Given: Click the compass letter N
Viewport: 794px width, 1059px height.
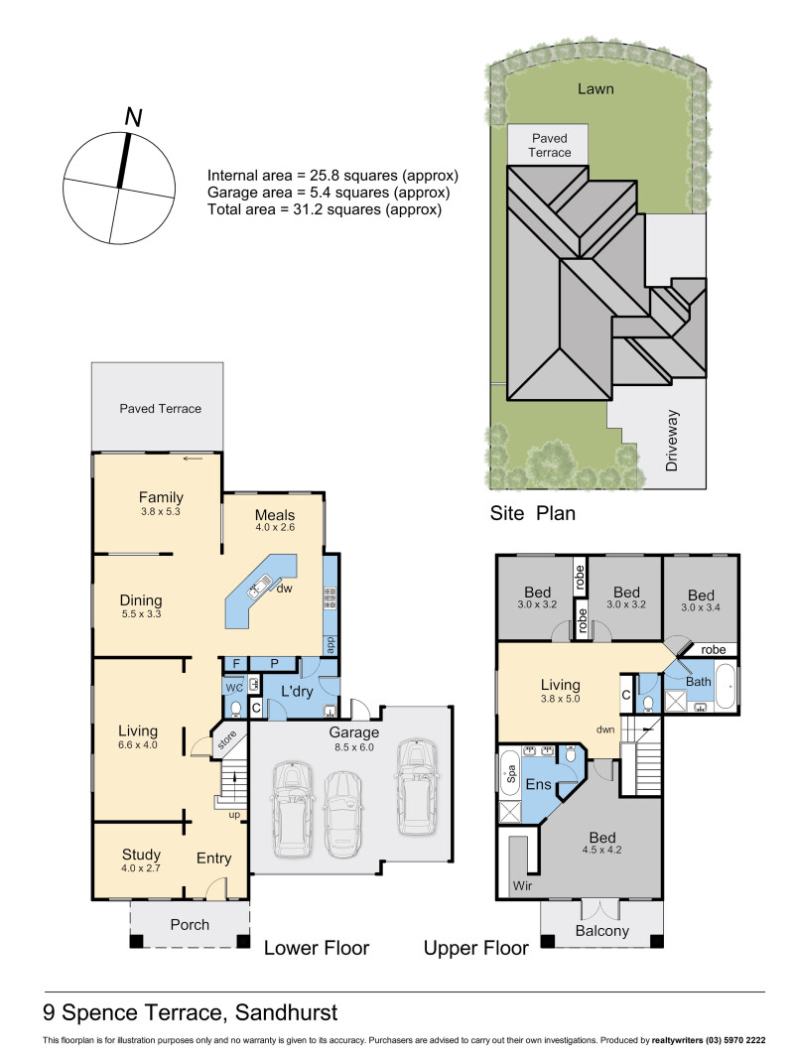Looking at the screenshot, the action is [x=134, y=117].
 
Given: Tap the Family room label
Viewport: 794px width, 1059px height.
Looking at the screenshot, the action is [x=161, y=497].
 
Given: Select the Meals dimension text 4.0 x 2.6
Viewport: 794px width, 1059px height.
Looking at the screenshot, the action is [x=275, y=527].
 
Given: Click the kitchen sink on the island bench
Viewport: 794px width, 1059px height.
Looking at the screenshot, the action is [x=259, y=586].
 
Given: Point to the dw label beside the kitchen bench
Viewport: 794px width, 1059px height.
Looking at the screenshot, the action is [x=284, y=589].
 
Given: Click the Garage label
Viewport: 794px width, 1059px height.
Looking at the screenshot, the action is [x=353, y=732].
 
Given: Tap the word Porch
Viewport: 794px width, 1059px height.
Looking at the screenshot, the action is [x=190, y=925].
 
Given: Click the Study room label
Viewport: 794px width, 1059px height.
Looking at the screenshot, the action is [x=141, y=855].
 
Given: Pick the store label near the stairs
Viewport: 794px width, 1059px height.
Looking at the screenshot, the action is [x=227, y=739].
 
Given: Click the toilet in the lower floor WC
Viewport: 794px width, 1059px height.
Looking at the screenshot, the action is [x=235, y=708].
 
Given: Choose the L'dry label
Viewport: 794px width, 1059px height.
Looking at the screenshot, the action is [x=297, y=691].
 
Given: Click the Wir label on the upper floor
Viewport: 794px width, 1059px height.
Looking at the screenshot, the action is [x=522, y=885].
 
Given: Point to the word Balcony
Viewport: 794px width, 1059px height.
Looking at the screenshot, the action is [x=602, y=931].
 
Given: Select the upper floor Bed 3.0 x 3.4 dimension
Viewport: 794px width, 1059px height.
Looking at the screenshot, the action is [x=701, y=607].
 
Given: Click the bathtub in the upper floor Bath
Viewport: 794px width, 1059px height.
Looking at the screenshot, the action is [x=726, y=686].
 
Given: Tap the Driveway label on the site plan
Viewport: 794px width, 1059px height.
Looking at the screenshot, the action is [x=672, y=441].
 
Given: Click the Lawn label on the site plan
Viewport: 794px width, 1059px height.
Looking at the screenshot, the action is [x=595, y=88].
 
